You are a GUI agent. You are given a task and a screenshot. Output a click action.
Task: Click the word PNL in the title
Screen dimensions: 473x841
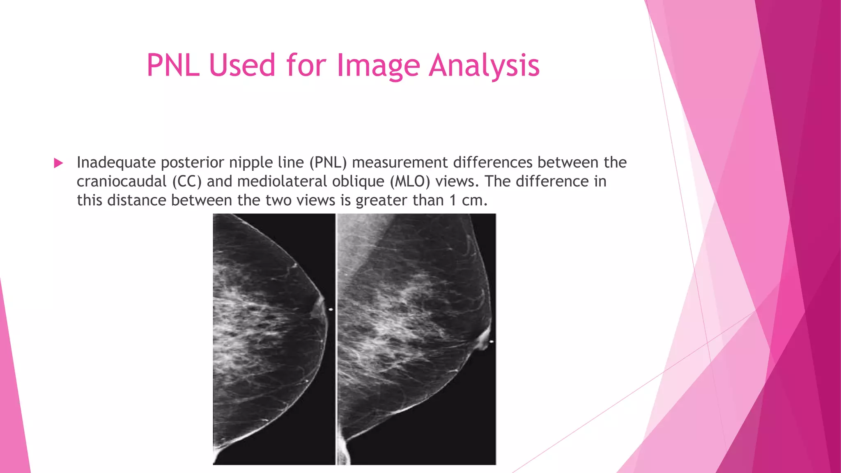tap(173, 65)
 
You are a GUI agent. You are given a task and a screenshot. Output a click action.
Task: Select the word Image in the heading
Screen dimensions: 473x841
tap(378, 65)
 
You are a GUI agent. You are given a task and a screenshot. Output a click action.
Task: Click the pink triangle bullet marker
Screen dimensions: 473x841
tap(58, 163)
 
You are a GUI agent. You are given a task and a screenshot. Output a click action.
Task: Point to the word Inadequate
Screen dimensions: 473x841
tap(116, 163)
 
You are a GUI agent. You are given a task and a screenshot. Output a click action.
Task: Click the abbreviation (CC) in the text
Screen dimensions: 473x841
tap(187, 181)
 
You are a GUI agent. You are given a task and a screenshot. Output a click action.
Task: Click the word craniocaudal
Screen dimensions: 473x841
tap(122, 181)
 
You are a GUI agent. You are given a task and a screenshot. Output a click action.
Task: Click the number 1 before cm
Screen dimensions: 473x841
tap(453, 200)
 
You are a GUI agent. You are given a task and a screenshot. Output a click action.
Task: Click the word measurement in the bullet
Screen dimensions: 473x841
tap(400, 163)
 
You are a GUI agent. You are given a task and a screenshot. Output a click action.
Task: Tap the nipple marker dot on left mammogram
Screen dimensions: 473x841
tap(331, 309)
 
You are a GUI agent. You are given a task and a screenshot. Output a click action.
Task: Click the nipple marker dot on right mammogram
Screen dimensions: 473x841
tap(491, 342)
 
